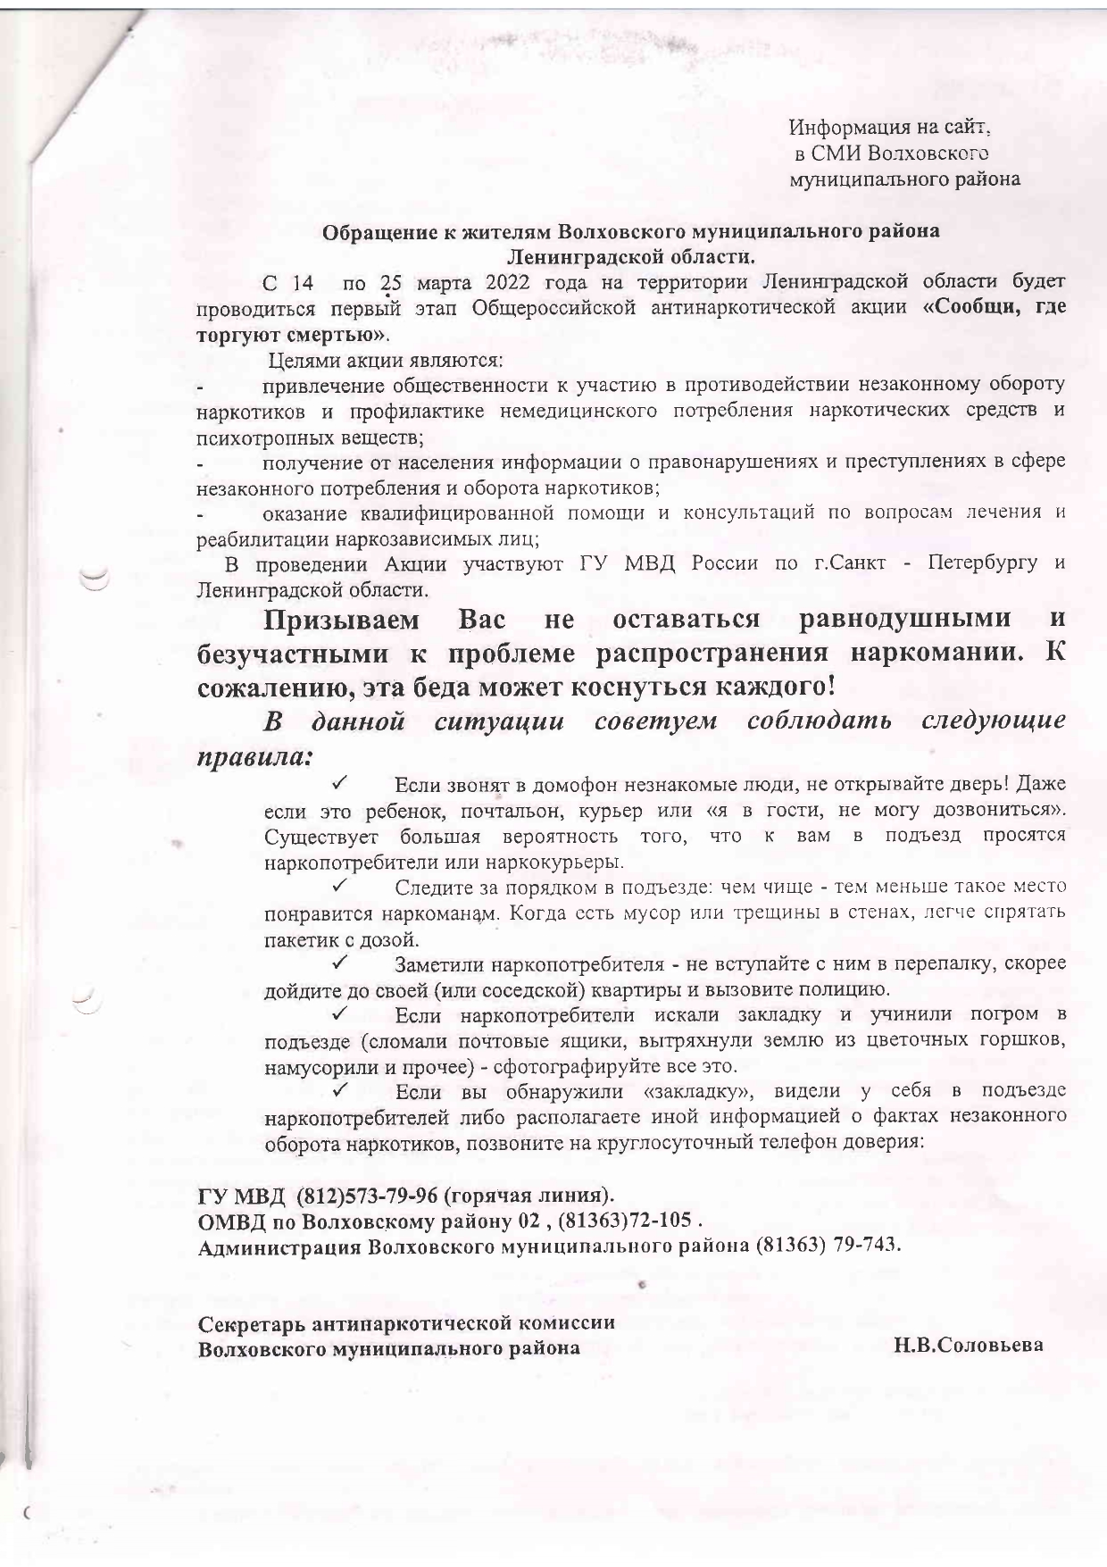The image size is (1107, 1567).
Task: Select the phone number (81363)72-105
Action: coord(625,1220)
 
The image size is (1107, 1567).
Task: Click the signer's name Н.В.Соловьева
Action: coord(969,1346)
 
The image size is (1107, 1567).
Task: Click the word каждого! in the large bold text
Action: coord(773,689)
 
